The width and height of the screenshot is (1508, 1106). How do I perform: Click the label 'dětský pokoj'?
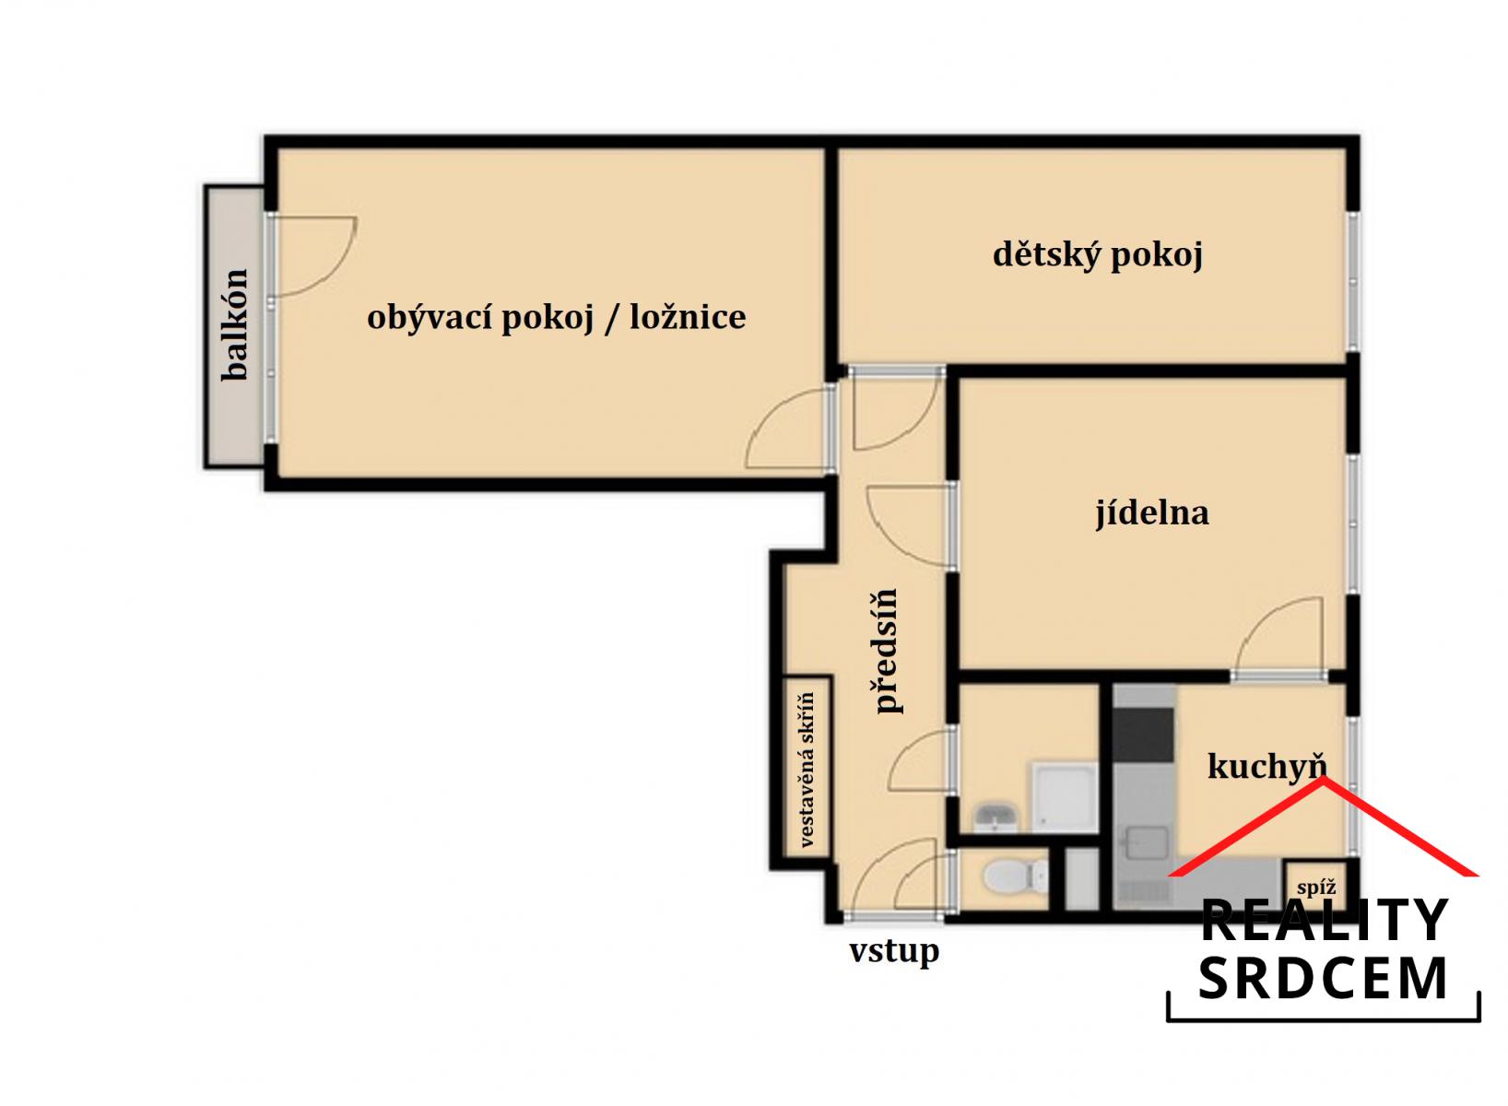[1097, 256]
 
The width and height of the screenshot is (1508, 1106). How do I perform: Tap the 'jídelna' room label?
[1152, 513]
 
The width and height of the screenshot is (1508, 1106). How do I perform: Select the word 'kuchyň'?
[1267, 767]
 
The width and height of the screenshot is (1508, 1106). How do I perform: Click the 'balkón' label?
[235, 325]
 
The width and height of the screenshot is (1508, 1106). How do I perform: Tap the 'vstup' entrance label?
[894, 951]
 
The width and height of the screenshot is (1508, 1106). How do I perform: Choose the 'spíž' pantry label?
[1316, 888]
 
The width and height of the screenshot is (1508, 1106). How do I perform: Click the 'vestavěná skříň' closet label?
[807, 769]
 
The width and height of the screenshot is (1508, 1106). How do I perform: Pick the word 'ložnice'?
[688, 317]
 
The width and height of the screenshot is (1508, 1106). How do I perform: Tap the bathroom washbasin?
[996, 818]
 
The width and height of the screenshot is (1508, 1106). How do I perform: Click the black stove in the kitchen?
[1142, 735]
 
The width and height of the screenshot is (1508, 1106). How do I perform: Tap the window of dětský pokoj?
[1352, 281]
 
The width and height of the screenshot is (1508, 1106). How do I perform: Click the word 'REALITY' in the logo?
[1325, 920]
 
